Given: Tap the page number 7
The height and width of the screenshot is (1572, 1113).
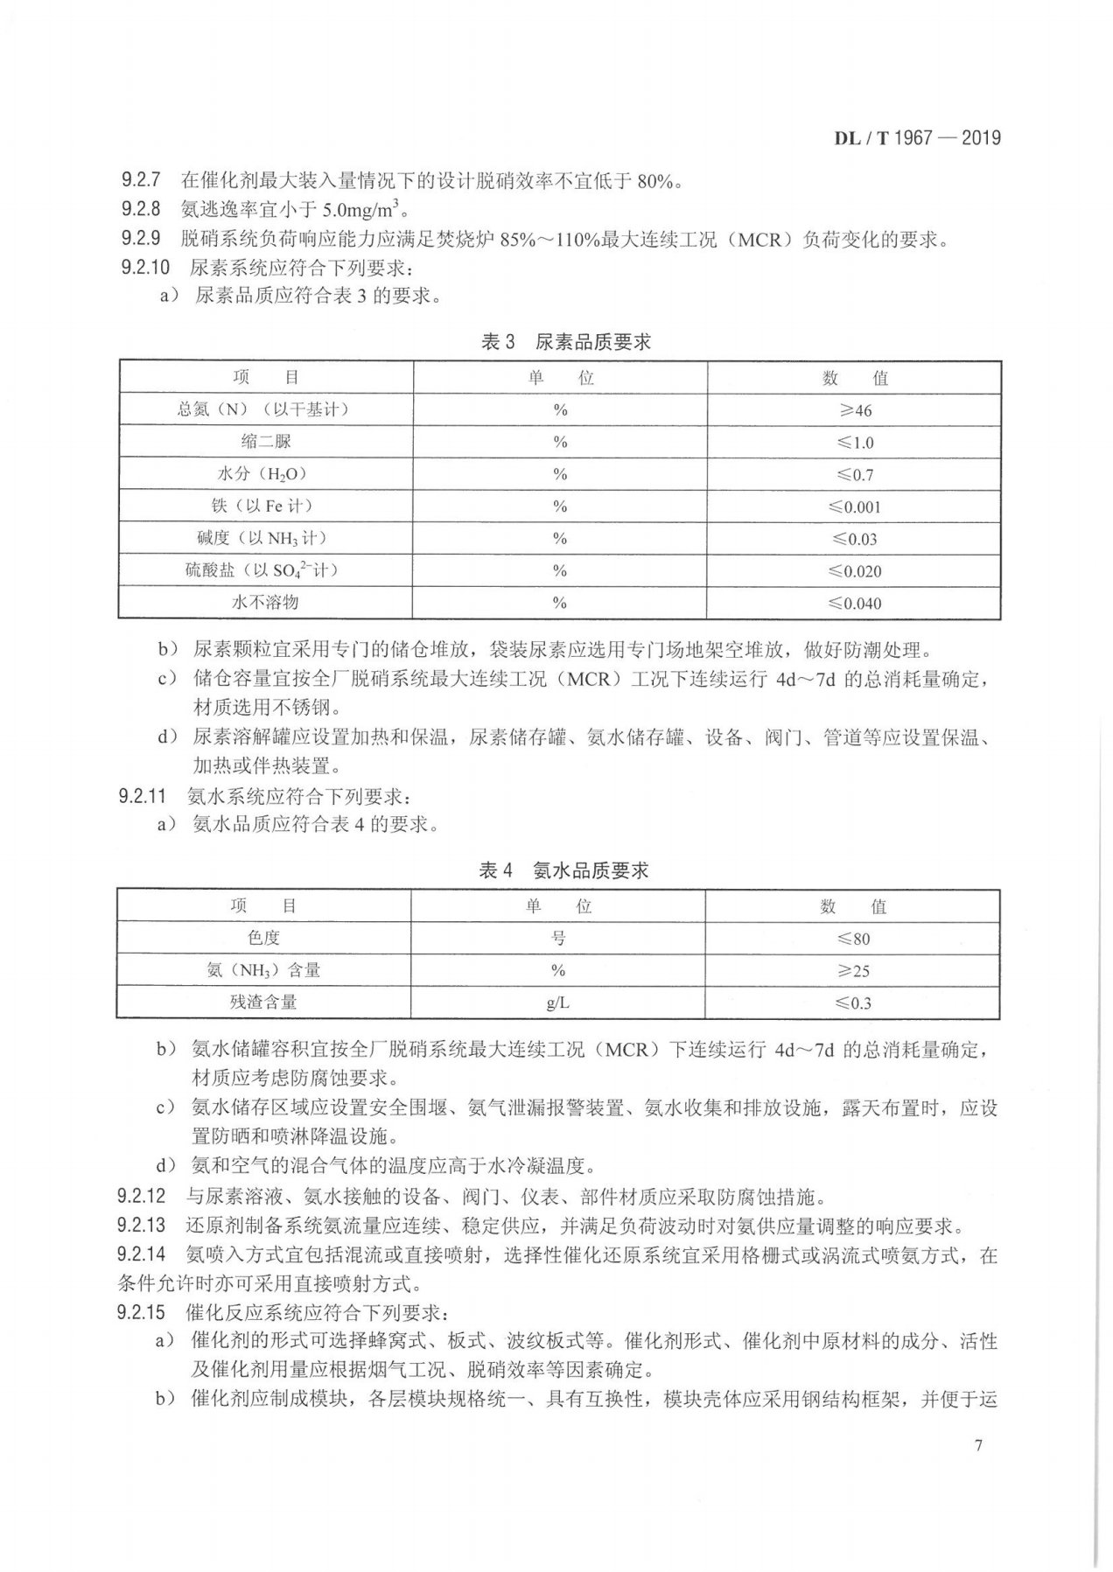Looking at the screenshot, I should click(x=977, y=1444).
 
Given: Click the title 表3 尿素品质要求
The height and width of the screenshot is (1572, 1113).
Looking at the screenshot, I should click(x=565, y=342).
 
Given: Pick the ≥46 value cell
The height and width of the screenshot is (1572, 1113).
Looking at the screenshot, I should click(x=854, y=410).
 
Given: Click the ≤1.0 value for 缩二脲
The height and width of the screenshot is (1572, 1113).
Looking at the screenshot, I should click(x=854, y=443).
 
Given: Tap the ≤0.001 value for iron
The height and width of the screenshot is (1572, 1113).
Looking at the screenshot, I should click(x=854, y=507).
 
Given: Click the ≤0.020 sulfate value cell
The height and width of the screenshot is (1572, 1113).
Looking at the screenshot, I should click(x=854, y=571).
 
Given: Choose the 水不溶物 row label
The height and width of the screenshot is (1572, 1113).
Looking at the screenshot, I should click(x=265, y=603).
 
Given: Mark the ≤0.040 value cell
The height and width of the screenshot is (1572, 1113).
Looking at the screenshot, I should click(x=854, y=604).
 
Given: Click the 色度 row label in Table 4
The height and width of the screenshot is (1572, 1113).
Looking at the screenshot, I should click(x=262, y=938).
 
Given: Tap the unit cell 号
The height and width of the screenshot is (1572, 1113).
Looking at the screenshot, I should click(x=558, y=938).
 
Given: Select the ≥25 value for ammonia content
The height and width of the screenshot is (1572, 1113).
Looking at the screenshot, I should click(x=852, y=971).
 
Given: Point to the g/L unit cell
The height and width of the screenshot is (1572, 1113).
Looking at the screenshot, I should click(x=558, y=1003).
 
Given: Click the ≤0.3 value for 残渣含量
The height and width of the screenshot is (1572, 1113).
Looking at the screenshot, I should click(x=852, y=1003).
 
